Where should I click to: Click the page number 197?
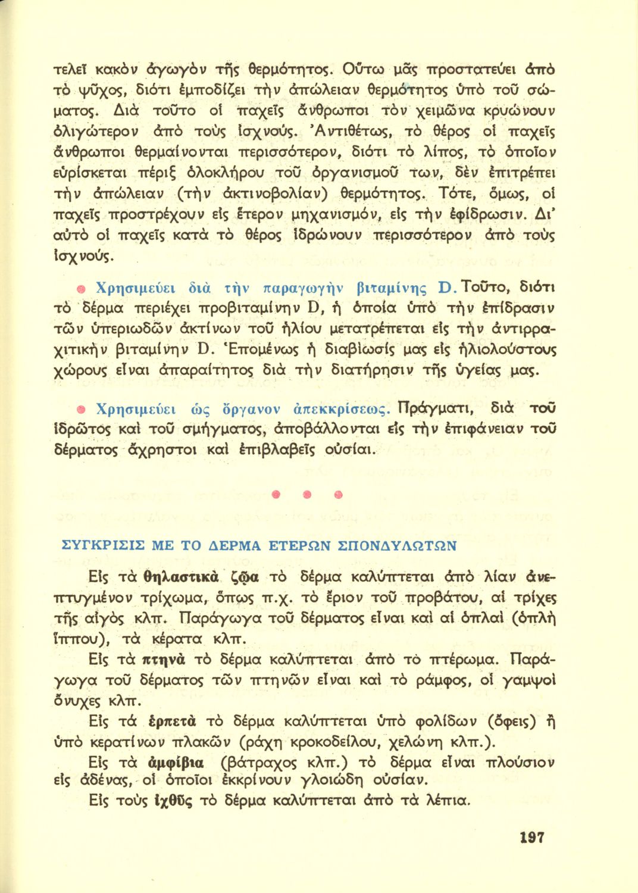pos(531,838)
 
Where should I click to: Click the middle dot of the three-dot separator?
pos(307,494)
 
